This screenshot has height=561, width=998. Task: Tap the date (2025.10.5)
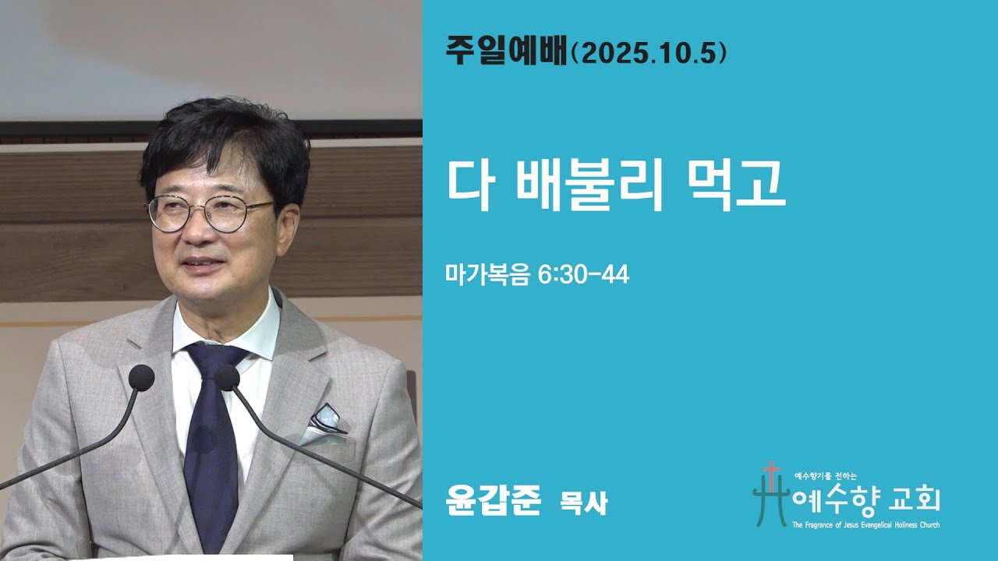tap(649, 52)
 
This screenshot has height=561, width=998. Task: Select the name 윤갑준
tap(492, 502)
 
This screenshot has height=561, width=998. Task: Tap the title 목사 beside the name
tap(583, 504)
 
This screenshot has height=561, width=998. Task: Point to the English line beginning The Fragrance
tap(865, 525)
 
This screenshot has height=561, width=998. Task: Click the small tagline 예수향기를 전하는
tap(825, 475)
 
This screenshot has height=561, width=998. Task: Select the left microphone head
tap(141, 378)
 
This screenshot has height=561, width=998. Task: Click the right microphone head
tap(227, 378)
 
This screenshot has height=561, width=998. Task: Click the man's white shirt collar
tap(257, 331)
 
